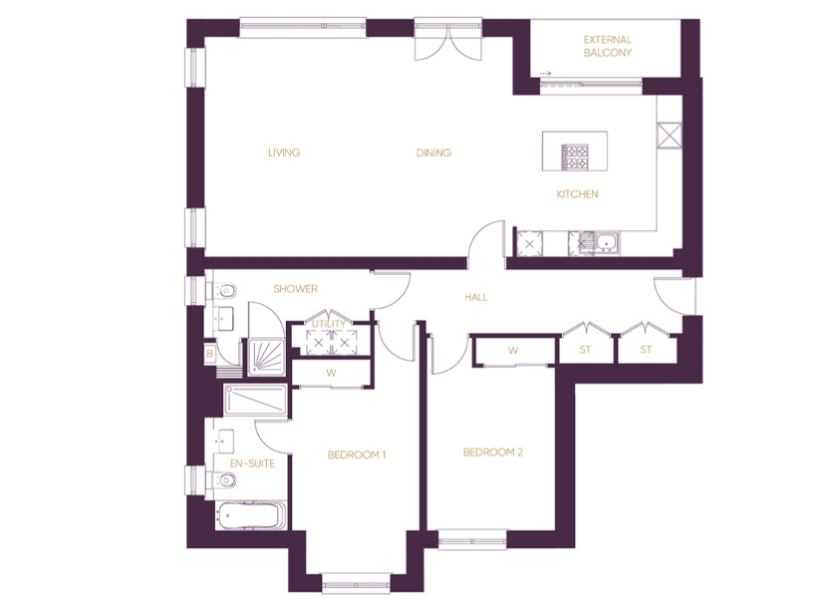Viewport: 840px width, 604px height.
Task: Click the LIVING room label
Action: [x=284, y=152]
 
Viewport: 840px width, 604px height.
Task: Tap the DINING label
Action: [x=433, y=152]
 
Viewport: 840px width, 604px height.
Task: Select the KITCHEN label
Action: [x=577, y=194]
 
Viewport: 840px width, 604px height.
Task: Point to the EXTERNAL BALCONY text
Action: [x=608, y=46]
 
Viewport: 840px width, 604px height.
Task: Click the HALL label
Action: [x=476, y=297]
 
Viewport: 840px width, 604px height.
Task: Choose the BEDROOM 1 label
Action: [x=357, y=455]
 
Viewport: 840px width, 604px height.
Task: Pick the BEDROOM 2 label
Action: [x=493, y=453]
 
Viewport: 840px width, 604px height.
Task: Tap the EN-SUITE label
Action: [x=252, y=463]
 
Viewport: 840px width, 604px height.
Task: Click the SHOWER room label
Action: [x=295, y=289]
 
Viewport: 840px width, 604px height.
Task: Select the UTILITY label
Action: [x=329, y=324]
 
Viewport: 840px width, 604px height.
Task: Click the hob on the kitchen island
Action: [x=574, y=157]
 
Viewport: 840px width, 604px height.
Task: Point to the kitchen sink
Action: [x=607, y=242]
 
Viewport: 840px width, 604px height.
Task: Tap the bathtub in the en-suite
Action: [x=251, y=515]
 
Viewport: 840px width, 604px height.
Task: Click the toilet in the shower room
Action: [x=224, y=291]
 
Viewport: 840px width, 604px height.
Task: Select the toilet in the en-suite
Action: [x=224, y=479]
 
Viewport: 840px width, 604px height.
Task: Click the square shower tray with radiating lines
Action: [x=266, y=357]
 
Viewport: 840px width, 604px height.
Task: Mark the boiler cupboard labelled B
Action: [x=210, y=354]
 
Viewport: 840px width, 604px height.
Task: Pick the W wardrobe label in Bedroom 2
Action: [x=513, y=351]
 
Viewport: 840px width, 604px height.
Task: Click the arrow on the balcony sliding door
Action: [x=545, y=74]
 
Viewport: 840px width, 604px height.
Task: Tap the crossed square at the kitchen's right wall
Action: [x=669, y=136]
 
